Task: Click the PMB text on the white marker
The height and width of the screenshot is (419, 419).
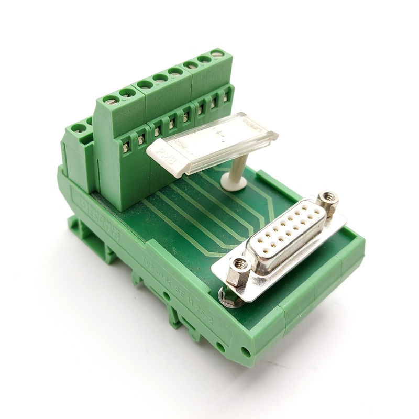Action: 167,156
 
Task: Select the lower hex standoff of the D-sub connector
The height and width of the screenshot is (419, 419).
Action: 239,265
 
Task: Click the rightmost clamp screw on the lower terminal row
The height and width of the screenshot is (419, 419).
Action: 226,96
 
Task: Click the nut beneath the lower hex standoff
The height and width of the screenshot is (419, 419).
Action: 228,298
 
